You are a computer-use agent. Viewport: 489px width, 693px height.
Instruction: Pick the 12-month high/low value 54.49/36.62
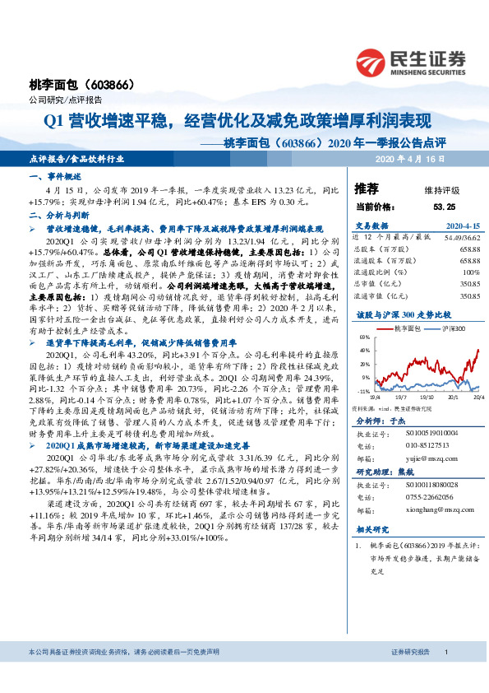[x=460, y=236]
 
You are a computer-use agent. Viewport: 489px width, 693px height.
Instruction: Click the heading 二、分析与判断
[x=56, y=212]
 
